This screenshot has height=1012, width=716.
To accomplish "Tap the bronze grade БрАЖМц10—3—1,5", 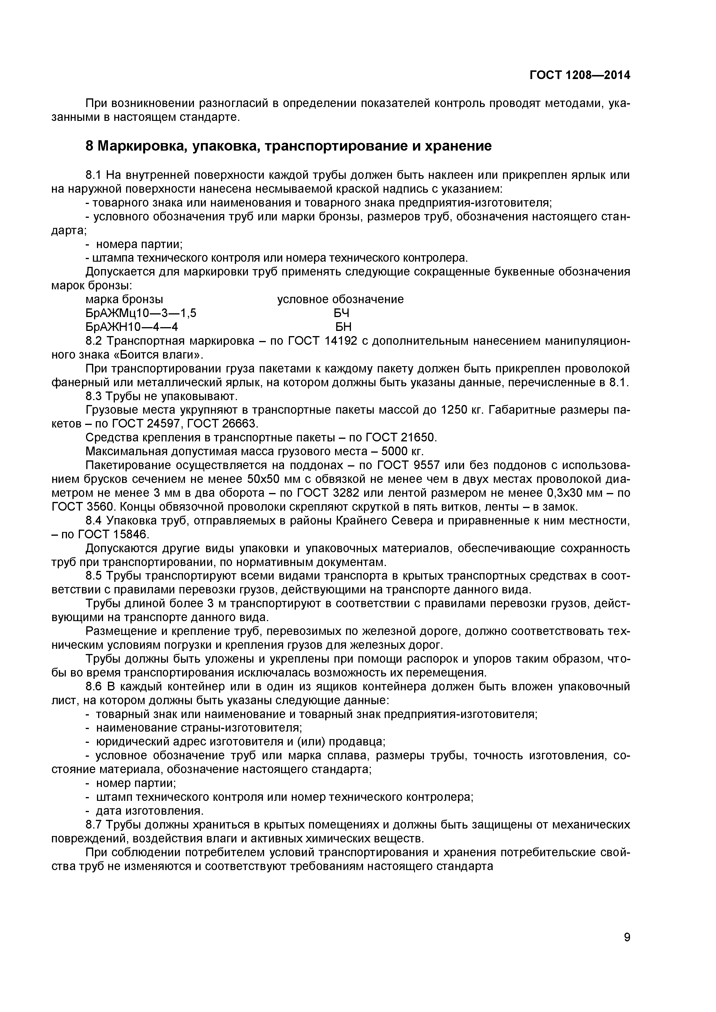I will pyautogui.click(x=141, y=313).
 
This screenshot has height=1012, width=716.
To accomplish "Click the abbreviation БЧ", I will pyautogui.click(x=341, y=313).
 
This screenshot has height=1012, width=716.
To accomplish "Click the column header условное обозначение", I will pyautogui.click(x=340, y=299).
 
